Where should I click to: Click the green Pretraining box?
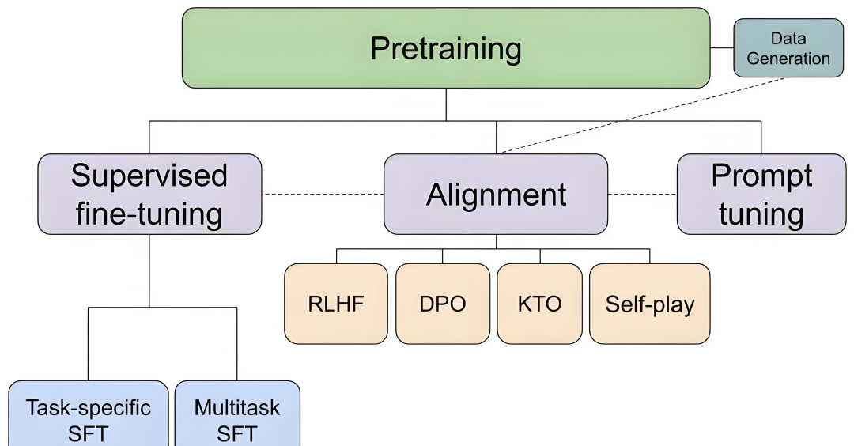point(446,48)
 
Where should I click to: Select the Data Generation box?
point(788,48)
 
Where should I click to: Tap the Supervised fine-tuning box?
point(149,195)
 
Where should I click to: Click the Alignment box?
point(496,195)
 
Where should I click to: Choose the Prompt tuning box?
point(761,195)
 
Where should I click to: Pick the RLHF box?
point(336,304)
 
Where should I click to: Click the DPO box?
point(443,304)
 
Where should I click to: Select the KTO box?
point(540,304)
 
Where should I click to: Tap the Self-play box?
point(649,304)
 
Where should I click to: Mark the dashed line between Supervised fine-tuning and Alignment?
point(323,194)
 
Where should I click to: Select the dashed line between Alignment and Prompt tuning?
point(642,194)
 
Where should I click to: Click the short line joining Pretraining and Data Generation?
point(721,48)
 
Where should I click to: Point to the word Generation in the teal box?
point(788,59)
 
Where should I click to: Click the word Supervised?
point(149,176)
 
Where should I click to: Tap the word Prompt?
point(761,176)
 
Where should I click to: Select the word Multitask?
point(236,408)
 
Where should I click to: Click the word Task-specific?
point(88,408)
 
